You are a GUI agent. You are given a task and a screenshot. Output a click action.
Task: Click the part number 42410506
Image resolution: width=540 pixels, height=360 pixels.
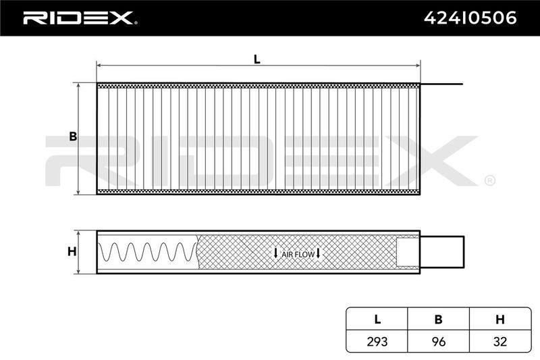pyautogui.click(x=470, y=18)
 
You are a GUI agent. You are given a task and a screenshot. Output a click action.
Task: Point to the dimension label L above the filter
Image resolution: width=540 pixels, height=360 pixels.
pyautogui.click(x=256, y=59)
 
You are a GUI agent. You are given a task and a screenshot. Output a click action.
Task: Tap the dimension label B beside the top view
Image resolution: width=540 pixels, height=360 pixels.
pyautogui.click(x=73, y=136)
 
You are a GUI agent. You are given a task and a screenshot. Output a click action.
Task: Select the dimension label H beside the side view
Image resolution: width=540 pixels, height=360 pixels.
pyautogui.click(x=72, y=251)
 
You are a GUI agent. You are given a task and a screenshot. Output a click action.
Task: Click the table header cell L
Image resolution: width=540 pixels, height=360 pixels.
pyautogui.click(x=377, y=319)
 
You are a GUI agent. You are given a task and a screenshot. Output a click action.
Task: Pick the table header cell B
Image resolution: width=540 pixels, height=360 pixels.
pyautogui.click(x=438, y=319)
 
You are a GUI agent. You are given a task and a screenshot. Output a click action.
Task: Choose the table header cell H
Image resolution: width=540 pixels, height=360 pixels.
pyautogui.click(x=500, y=319)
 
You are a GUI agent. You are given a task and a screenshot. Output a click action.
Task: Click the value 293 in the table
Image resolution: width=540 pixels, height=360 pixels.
pyautogui.click(x=377, y=341)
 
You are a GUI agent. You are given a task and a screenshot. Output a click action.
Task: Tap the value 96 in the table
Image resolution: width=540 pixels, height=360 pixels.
pyautogui.click(x=438, y=341)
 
